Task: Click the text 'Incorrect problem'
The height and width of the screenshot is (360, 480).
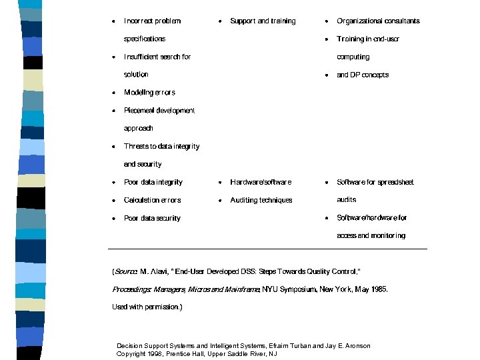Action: pos(152,21)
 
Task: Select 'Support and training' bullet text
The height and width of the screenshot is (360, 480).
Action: pos(263,21)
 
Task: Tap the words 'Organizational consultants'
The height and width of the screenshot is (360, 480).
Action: pos(378,21)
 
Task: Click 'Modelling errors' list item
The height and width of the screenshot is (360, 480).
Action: pos(149,93)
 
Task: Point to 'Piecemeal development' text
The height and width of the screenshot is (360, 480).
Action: pos(159,111)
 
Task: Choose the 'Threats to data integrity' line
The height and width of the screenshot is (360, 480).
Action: pos(161,146)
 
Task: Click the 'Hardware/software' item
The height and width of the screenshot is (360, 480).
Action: pos(261,182)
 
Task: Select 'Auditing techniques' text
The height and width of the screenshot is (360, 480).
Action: pos(261,200)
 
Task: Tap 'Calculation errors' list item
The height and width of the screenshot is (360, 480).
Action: pos(152,200)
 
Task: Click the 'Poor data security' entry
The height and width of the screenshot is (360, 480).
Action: pos(152,218)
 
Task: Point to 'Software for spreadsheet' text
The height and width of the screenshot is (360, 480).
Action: pos(375,182)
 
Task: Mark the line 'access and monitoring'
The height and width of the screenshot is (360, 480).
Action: pos(371,235)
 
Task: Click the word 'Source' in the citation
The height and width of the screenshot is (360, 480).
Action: pos(126,271)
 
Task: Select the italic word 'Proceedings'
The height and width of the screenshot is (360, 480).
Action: pos(131,289)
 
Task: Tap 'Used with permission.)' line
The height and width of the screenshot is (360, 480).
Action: pos(147,307)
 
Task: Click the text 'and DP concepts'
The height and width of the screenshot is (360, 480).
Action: pos(363,75)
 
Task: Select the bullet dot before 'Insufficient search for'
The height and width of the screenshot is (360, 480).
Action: pos(114,57)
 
